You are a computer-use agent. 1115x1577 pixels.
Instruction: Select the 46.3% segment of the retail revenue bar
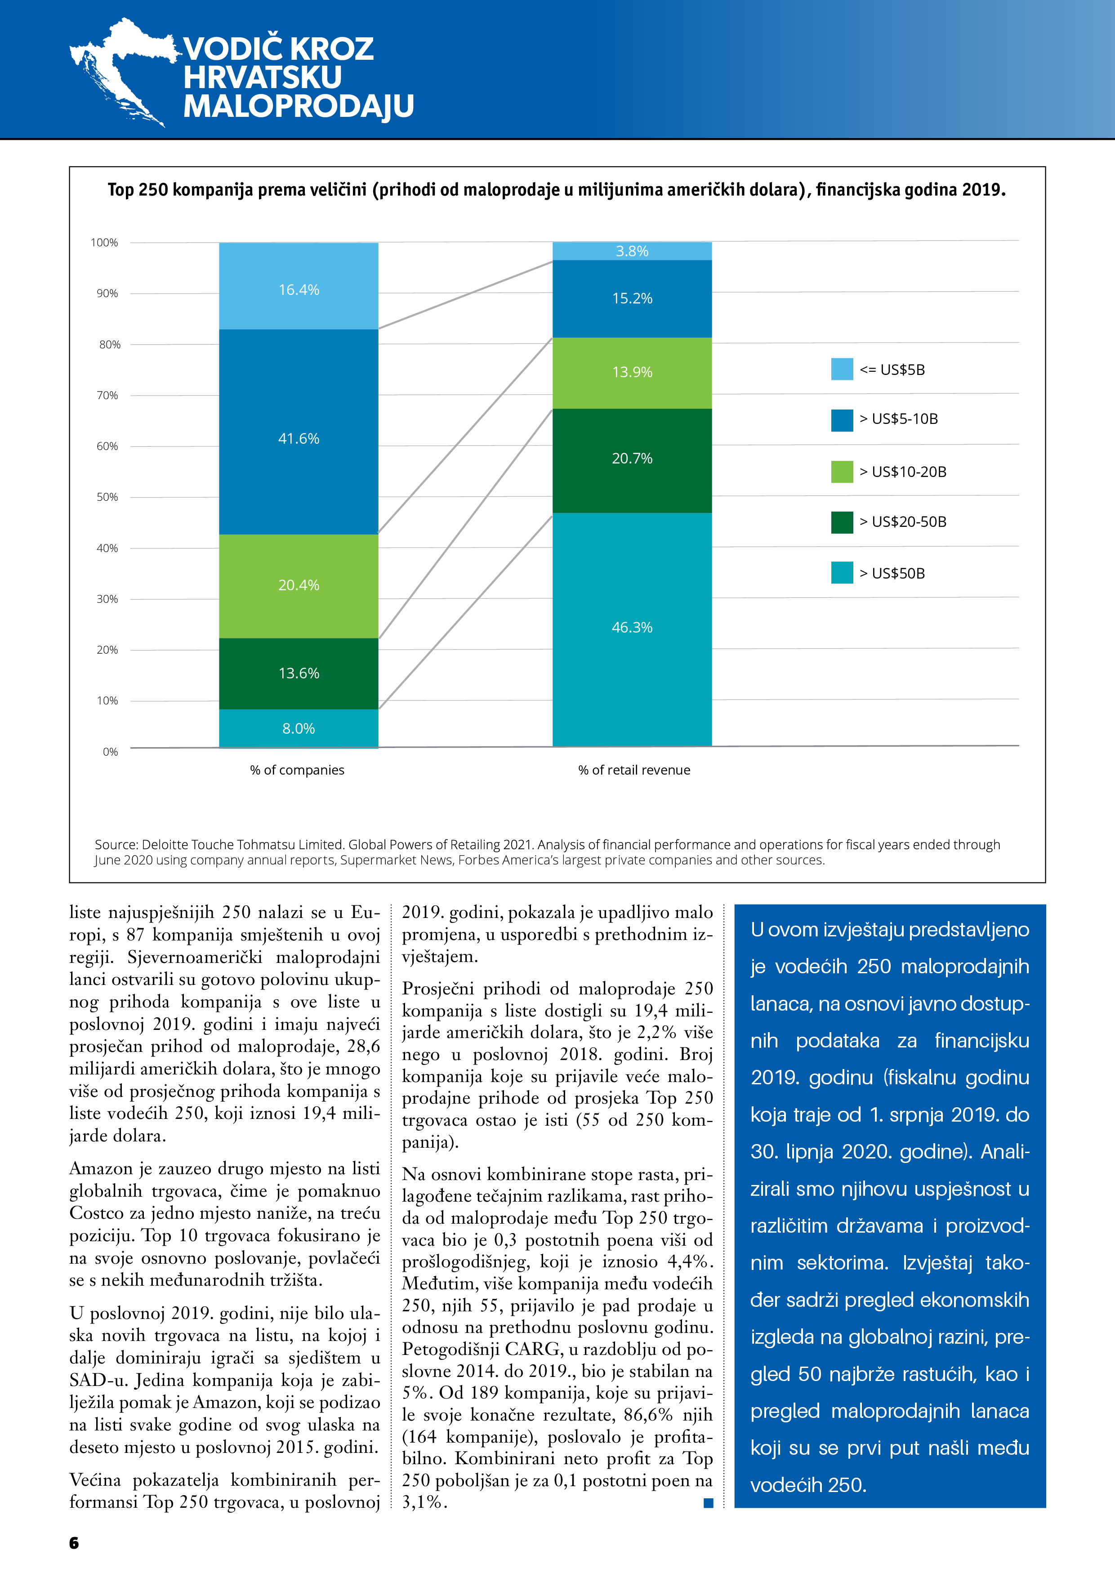tap(632, 628)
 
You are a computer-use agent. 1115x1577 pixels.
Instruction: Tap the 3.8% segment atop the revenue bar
tap(632, 251)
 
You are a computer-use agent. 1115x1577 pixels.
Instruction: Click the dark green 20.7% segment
tap(632, 460)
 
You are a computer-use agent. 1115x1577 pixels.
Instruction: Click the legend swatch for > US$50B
tap(842, 573)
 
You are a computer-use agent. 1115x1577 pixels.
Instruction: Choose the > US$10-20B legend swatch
tap(842, 472)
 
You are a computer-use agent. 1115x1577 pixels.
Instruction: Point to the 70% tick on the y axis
tap(107, 396)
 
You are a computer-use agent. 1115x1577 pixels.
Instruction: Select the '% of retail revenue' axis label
tap(634, 770)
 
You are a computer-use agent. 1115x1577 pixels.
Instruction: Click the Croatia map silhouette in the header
tap(124, 69)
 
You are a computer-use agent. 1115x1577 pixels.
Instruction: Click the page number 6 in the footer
tap(74, 1543)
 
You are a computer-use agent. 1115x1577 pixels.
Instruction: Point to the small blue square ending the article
tap(708, 1503)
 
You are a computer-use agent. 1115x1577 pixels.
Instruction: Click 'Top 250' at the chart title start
tap(138, 190)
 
